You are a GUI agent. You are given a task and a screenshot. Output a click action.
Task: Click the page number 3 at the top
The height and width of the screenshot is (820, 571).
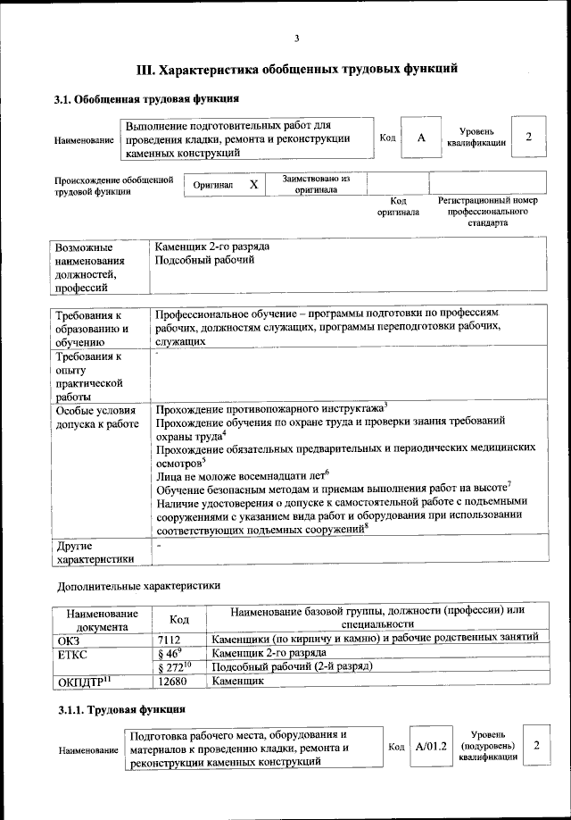click(296, 38)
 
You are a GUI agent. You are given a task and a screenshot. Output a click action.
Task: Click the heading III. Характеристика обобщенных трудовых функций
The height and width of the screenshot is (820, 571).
click(296, 68)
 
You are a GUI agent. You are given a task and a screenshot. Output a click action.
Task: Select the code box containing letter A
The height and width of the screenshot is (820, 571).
click(420, 138)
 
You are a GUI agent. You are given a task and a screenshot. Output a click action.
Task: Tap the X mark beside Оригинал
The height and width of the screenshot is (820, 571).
click(253, 184)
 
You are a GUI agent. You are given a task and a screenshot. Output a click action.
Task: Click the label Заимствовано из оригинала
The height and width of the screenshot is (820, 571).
click(316, 184)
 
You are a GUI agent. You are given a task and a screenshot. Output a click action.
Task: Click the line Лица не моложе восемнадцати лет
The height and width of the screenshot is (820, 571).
click(241, 476)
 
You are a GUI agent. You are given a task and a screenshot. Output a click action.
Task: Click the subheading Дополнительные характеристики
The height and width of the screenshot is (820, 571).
click(137, 586)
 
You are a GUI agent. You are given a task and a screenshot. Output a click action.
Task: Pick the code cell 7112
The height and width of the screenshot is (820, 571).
click(169, 639)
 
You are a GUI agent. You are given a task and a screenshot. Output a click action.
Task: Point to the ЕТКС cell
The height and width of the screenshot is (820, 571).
click(72, 653)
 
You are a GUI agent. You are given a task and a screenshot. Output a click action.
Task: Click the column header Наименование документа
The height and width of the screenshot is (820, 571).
click(101, 619)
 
